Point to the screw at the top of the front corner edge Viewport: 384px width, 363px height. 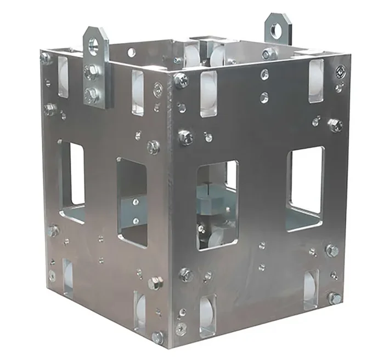[180, 80]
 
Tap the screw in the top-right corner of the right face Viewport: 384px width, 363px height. [341, 71]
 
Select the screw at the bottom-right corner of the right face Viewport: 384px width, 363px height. [334, 298]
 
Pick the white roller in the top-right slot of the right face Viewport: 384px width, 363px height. [316, 80]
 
